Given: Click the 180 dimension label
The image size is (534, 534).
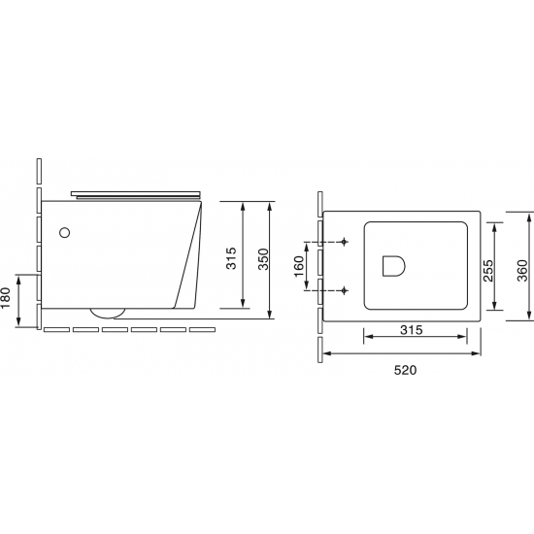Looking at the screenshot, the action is (6, 298).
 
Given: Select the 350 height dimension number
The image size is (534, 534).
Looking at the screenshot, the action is (263, 259).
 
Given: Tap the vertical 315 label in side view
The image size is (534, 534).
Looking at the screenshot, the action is (231, 258).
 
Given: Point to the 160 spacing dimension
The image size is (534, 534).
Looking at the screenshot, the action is (298, 266).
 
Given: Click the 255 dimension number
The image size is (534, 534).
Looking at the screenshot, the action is (488, 271).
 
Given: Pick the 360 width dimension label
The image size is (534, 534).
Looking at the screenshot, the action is (522, 271).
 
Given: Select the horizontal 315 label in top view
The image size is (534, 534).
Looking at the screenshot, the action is (412, 330).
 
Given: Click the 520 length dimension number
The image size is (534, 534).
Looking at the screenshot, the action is (405, 370).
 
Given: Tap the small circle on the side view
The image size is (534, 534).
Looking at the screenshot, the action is (64, 233).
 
